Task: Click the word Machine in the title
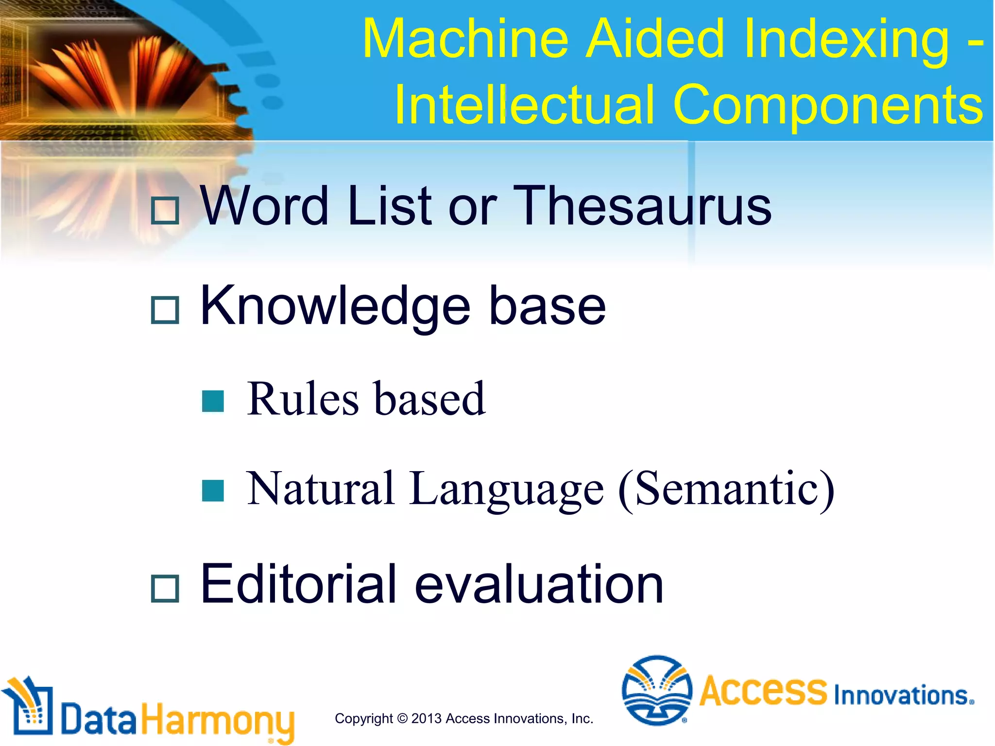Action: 465,39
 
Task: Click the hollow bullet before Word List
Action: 165,211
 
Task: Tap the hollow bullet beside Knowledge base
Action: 165,310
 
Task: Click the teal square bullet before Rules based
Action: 213,401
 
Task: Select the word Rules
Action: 303,399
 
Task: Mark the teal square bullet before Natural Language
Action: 213,491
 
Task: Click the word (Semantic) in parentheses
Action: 726,490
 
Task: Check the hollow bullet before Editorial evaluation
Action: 165,589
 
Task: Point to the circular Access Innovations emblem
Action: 657,690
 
